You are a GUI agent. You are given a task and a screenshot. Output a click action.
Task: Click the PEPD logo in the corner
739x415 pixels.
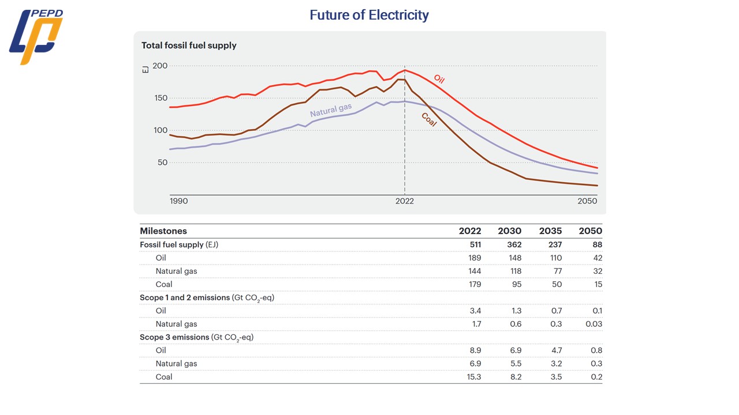click(36, 37)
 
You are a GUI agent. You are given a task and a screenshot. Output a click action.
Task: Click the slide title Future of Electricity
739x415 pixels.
click(369, 15)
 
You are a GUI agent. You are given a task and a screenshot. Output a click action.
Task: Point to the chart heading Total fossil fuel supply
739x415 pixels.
click(189, 46)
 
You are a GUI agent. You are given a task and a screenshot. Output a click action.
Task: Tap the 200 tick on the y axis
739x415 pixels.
click(160, 66)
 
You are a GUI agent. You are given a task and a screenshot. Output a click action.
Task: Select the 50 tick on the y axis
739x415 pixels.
click(162, 163)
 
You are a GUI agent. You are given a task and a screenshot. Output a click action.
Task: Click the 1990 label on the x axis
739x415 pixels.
click(179, 201)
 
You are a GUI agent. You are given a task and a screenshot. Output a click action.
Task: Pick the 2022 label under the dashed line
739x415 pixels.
click(404, 201)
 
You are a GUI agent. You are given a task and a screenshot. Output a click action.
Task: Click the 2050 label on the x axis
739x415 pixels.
click(587, 201)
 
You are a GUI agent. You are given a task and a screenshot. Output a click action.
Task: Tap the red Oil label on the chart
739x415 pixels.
click(439, 79)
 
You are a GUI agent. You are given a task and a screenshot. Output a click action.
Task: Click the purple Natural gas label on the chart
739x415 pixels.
click(331, 111)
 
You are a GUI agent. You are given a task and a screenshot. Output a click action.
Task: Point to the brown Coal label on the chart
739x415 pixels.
click(429, 119)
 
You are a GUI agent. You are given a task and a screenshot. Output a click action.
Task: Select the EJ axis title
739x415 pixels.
click(145, 69)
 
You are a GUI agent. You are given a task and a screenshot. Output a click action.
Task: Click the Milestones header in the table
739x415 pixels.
click(163, 231)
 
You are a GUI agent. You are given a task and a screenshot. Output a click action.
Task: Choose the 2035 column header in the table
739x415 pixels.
click(550, 231)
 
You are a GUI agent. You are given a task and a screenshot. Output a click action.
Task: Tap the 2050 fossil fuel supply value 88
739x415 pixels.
click(596, 244)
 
